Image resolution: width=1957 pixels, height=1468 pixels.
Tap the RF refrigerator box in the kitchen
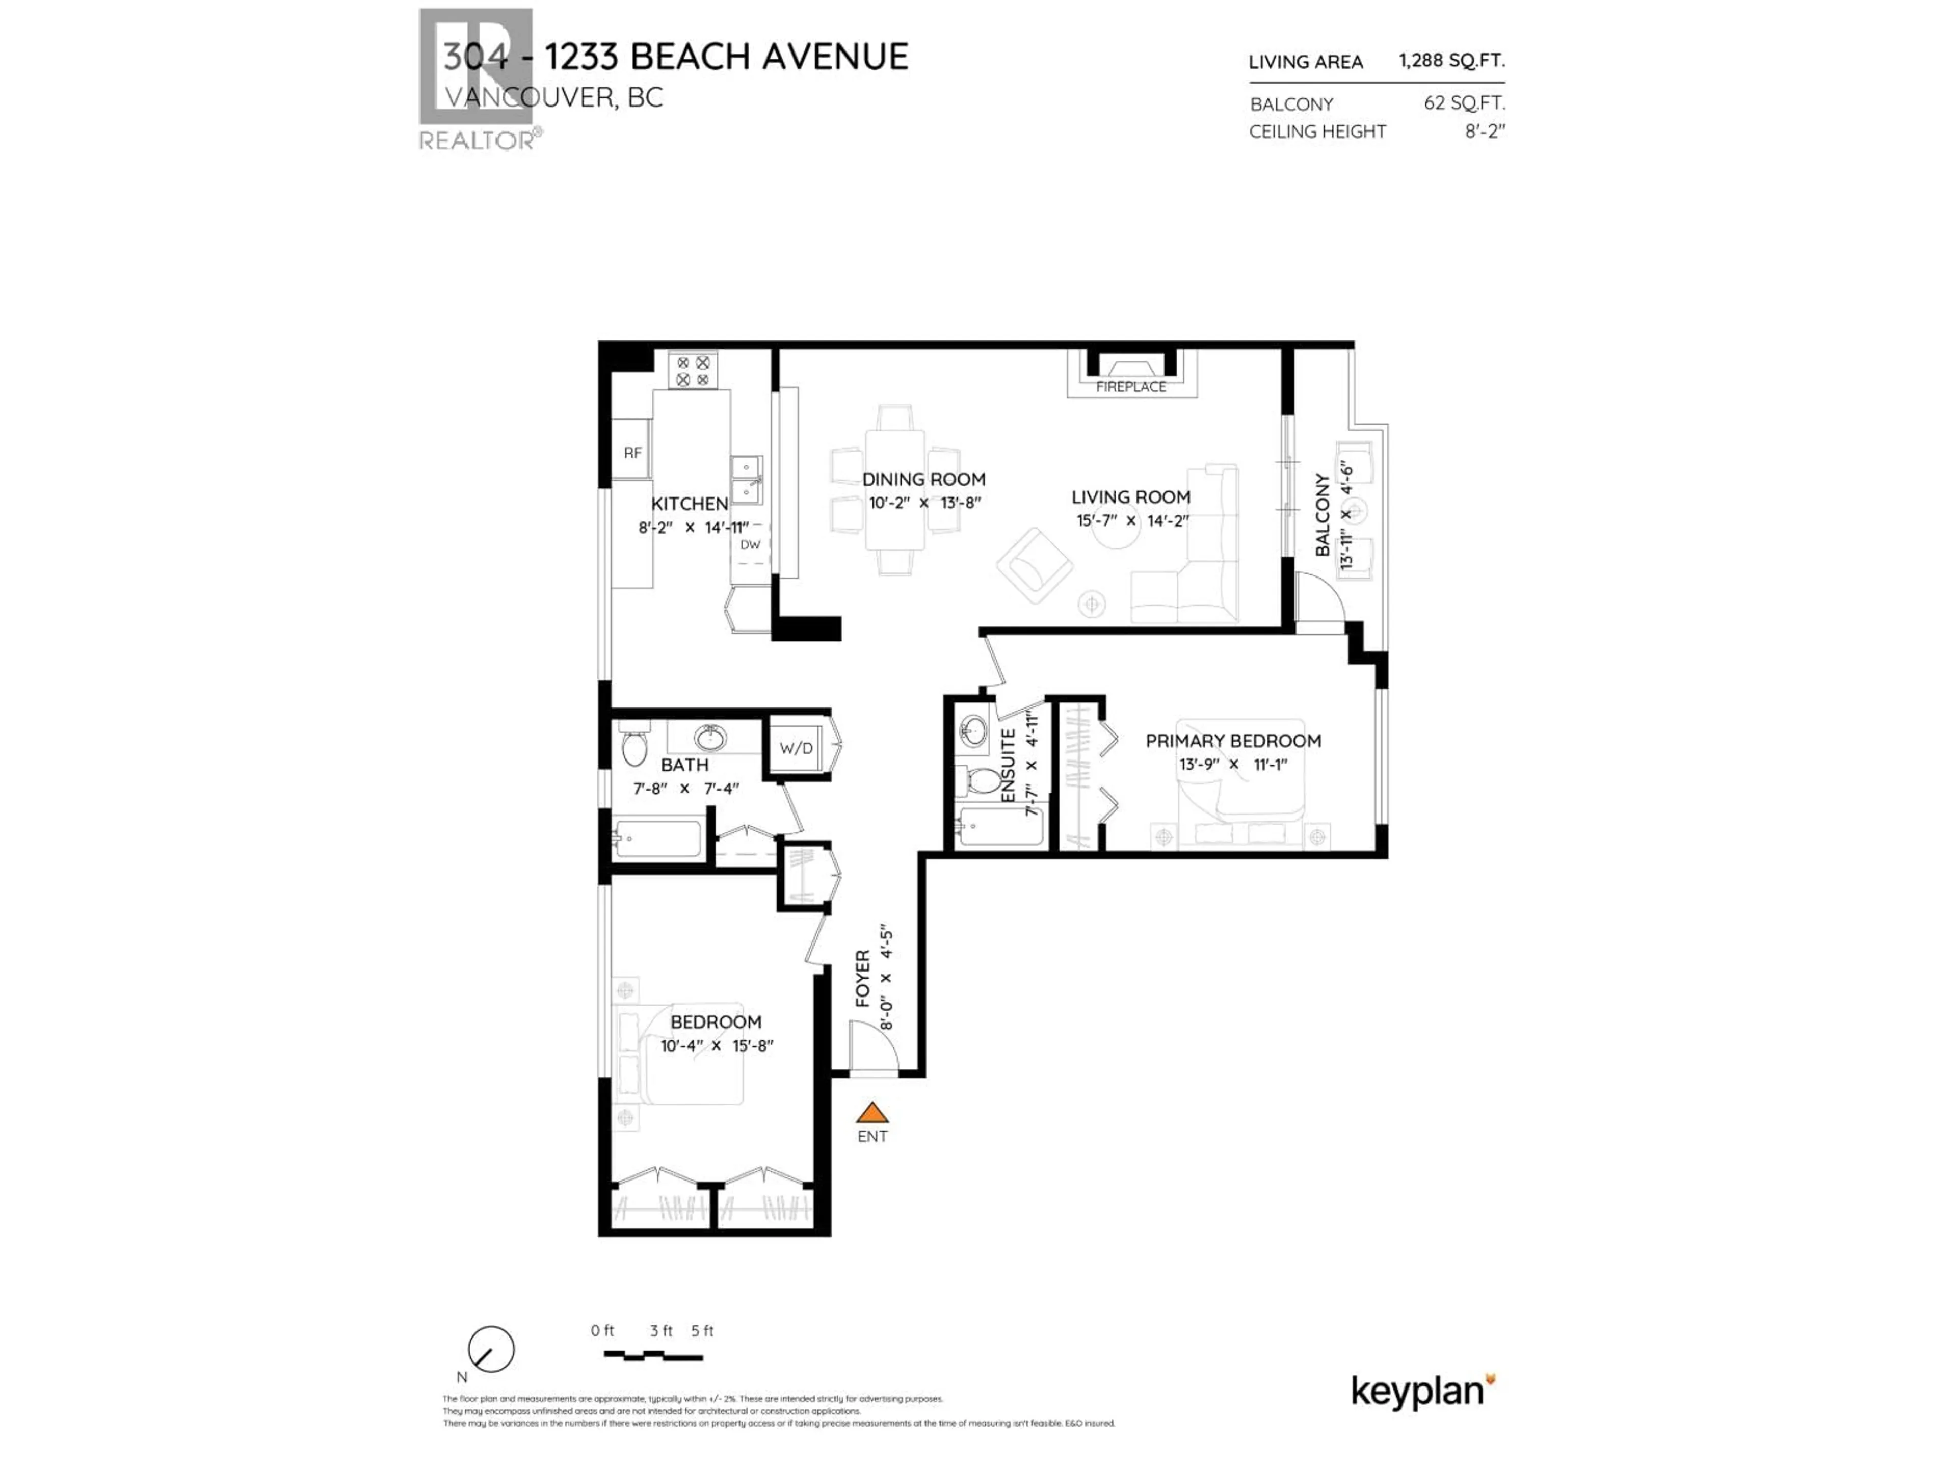pyautogui.click(x=631, y=452)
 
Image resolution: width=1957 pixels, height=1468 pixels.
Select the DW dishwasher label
pyautogui.click(x=750, y=544)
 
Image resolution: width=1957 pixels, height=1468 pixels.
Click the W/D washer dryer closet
pyautogui.click(x=796, y=748)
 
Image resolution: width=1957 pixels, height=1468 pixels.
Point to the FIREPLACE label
pyautogui.click(x=1131, y=387)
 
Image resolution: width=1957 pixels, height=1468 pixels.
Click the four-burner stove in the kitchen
pyautogui.click(x=693, y=371)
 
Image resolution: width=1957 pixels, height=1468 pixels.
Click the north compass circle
pyautogui.click(x=491, y=1349)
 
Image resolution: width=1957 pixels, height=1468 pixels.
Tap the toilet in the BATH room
pyautogui.click(x=634, y=748)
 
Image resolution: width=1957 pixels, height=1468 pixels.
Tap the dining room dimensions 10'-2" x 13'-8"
pyautogui.click(x=924, y=503)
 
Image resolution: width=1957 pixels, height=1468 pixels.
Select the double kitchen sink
pyautogui.click(x=746, y=479)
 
